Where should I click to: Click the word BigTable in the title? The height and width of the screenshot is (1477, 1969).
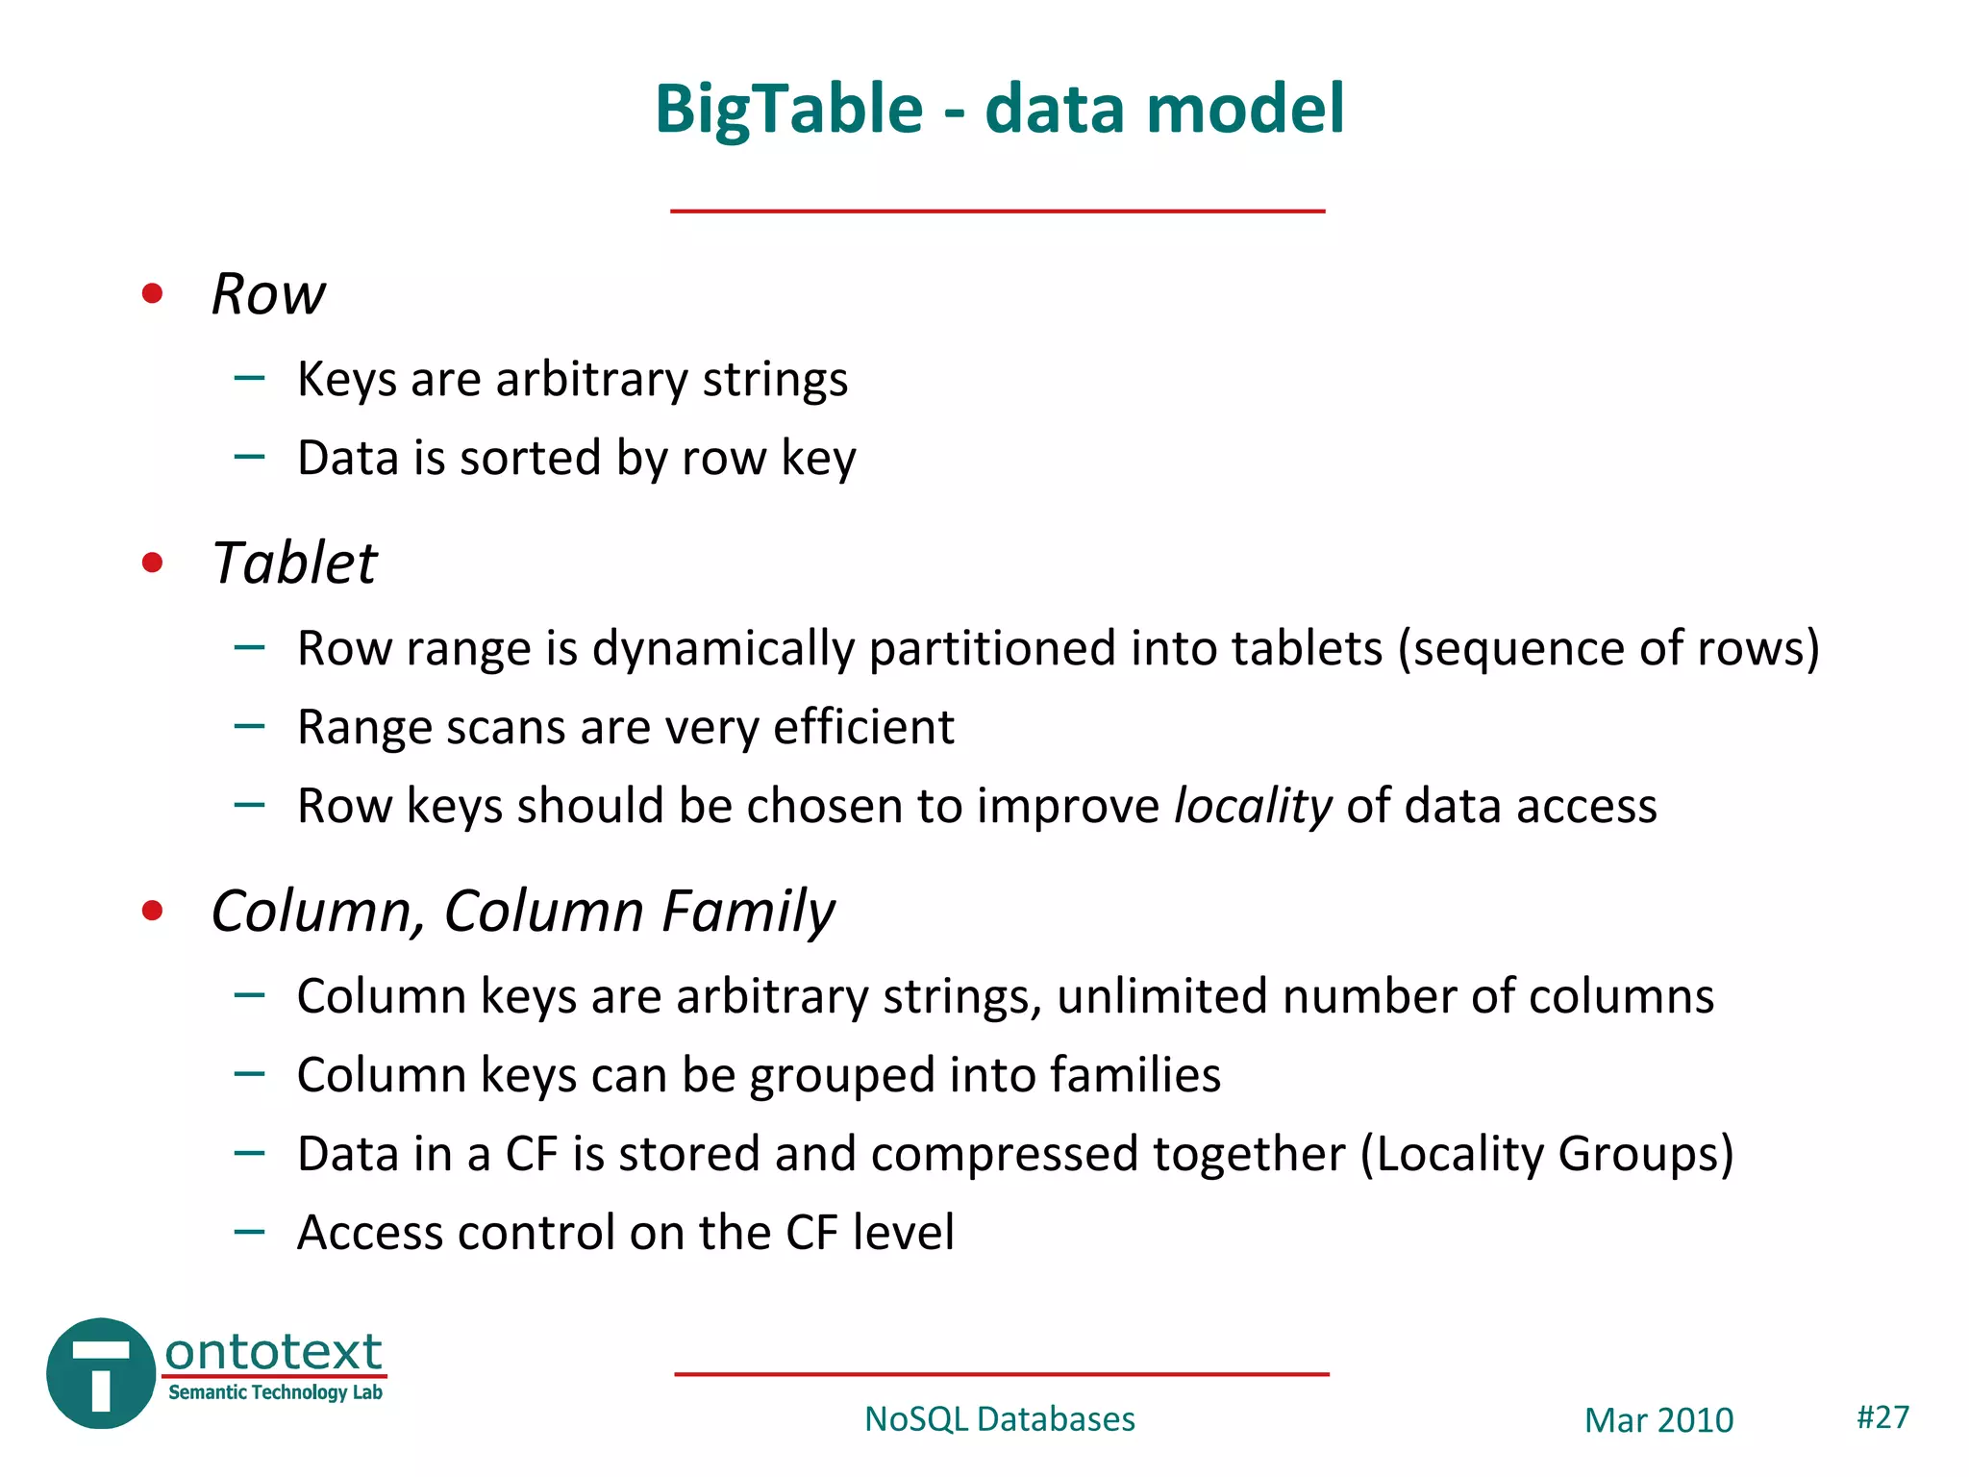pyautogui.click(x=788, y=109)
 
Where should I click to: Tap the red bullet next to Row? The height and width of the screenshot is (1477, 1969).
pyautogui.click(x=152, y=293)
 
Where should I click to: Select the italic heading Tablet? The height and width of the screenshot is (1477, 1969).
pyautogui.click(x=294, y=563)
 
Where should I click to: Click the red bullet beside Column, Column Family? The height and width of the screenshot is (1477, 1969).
pyautogui.click(x=152, y=911)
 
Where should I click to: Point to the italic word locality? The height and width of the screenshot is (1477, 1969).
pyautogui.click(x=1253, y=806)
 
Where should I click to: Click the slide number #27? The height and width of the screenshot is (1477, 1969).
pyautogui.click(x=1882, y=1416)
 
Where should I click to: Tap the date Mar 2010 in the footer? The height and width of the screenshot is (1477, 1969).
pyautogui.click(x=1658, y=1420)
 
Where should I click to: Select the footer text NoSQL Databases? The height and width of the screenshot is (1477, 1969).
pyautogui.click(x=999, y=1419)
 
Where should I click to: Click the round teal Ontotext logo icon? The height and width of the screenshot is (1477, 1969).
pyautogui.click(x=100, y=1373)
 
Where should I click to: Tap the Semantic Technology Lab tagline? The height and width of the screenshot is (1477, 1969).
pyautogui.click(x=275, y=1392)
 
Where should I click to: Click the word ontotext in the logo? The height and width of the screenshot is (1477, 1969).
pyautogui.click(x=274, y=1351)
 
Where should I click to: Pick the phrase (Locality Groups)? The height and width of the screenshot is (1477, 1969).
pyautogui.click(x=1547, y=1154)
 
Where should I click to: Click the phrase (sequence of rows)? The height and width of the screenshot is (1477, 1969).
pyautogui.click(x=1608, y=648)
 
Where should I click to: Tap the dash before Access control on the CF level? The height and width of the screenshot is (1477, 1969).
pyautogui.click(x=249, y=1231)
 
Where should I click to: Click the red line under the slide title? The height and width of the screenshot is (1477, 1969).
pyautogui.click(x=997, y=211)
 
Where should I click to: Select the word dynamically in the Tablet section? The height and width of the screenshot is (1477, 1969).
pyautogui.click(x=723, y=648)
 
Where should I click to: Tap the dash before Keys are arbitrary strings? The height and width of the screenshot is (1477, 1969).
pyautogui.click(x=249, y=378)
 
